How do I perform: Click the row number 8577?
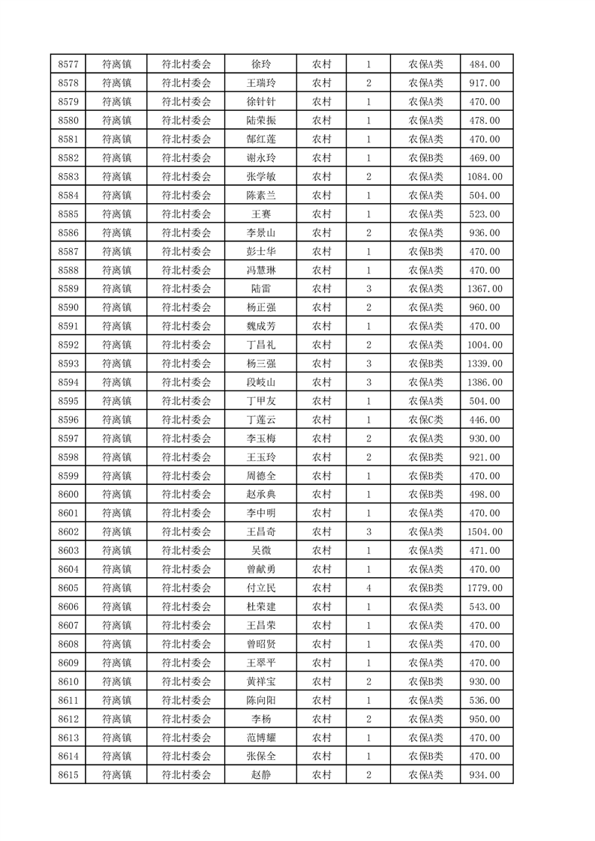(68, 64)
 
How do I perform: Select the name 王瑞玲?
(260, 83)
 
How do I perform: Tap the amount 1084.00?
(485, 177)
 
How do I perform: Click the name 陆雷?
(260, 289)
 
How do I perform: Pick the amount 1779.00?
(485, 588)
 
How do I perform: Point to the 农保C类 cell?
(425, 420)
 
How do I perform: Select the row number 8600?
(68, 495)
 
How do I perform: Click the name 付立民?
(260, 588)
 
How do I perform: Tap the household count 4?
(368, 588)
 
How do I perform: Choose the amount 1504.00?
(485, 532)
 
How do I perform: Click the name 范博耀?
(260, 738)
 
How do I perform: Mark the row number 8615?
(68, 775)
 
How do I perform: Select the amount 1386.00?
(485, 382)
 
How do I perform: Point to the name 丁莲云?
(260, 420)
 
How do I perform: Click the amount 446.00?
(485, 420)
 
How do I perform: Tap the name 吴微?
(260, 551)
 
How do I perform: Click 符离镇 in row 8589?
(116, 289)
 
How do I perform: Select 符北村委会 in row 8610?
(187, 681)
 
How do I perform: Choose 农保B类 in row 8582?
(425, 158)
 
